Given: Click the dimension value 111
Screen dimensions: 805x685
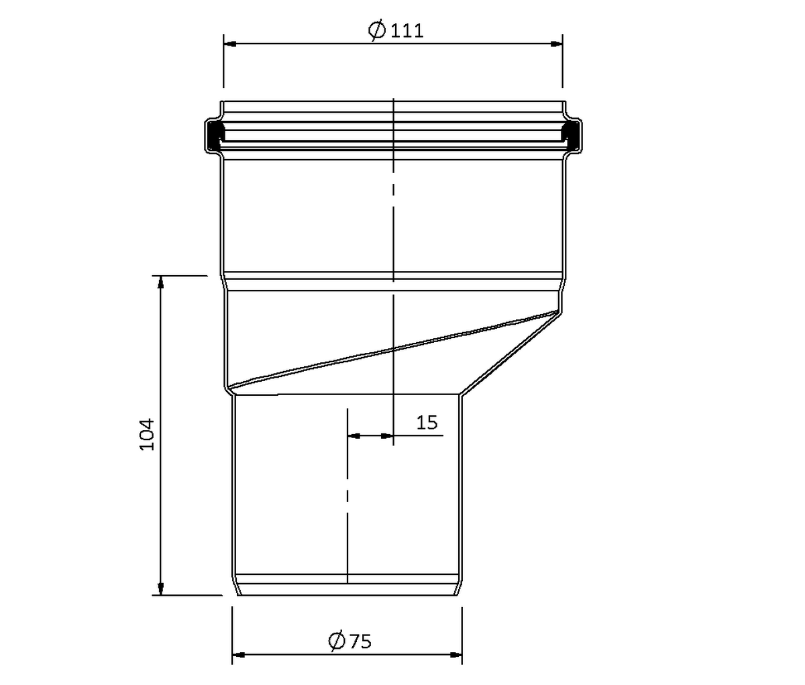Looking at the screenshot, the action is tap(407, 31).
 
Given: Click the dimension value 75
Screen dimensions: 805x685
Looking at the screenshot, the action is tap(361, 641).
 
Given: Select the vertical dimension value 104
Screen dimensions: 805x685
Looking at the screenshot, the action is tap(147, 434).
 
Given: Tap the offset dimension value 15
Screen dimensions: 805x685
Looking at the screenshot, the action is tap(427, 423).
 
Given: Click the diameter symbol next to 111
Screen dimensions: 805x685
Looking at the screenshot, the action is tap(376, 31).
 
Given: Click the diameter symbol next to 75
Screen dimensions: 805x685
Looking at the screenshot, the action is tap(337, 641).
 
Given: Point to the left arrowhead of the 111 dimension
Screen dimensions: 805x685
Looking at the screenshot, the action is tap(230, 44).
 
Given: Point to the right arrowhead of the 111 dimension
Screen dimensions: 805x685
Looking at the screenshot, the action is tap(556, 44).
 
